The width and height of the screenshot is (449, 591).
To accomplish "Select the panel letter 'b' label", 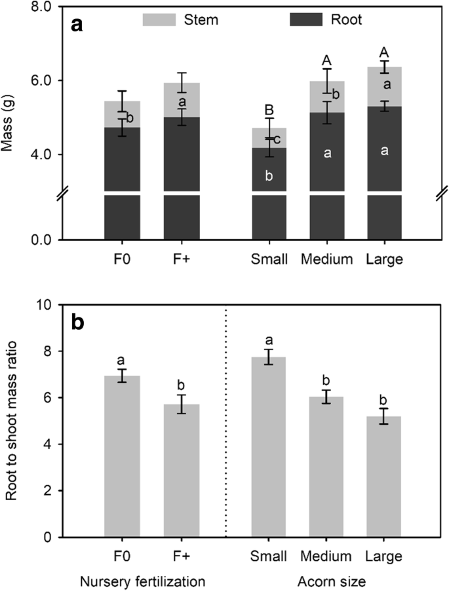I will (x=78, y=323).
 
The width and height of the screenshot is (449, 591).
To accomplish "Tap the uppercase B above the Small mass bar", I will (x=269, y=110).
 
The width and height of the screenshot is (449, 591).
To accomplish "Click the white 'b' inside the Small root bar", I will (x=269, y=175).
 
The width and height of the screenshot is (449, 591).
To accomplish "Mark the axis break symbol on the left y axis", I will (x=58, y=195).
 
